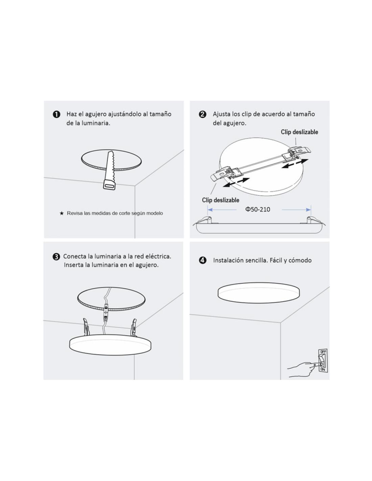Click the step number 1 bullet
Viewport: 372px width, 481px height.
(x=56, y=114)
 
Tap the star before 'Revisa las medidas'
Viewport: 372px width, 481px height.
(x=62, y=213)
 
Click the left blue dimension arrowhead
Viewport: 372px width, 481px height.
(x=210, y=209)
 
